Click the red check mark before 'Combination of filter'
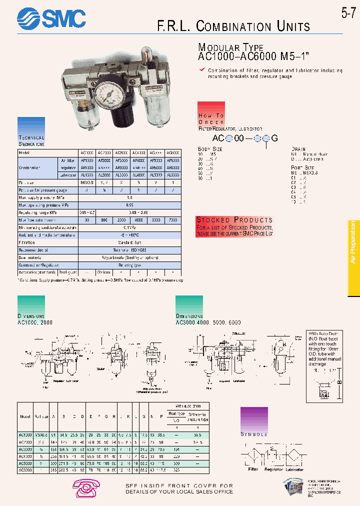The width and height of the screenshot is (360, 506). pyautogui.click(x=202, y=70)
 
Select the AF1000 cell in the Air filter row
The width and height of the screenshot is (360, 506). pyautogui.click(x=86, y=160)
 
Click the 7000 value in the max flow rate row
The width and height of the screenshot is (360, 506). pyautogui.click(x=172, y=219)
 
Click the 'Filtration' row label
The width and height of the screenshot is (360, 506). pyautogui.click(x=28, y=241)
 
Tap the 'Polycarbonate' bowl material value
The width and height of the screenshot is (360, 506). pyautogui.click(x=130, y=257)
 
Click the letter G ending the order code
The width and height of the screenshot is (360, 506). pyautogui.click(x=273, y=138)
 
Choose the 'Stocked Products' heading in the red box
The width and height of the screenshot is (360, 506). pyautogui.click(x=234, y=220)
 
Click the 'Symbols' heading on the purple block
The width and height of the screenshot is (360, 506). pyautogui.click(x=254, y=434)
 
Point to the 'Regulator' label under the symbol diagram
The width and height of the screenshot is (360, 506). pyautogui.click(x=273, y=469)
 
